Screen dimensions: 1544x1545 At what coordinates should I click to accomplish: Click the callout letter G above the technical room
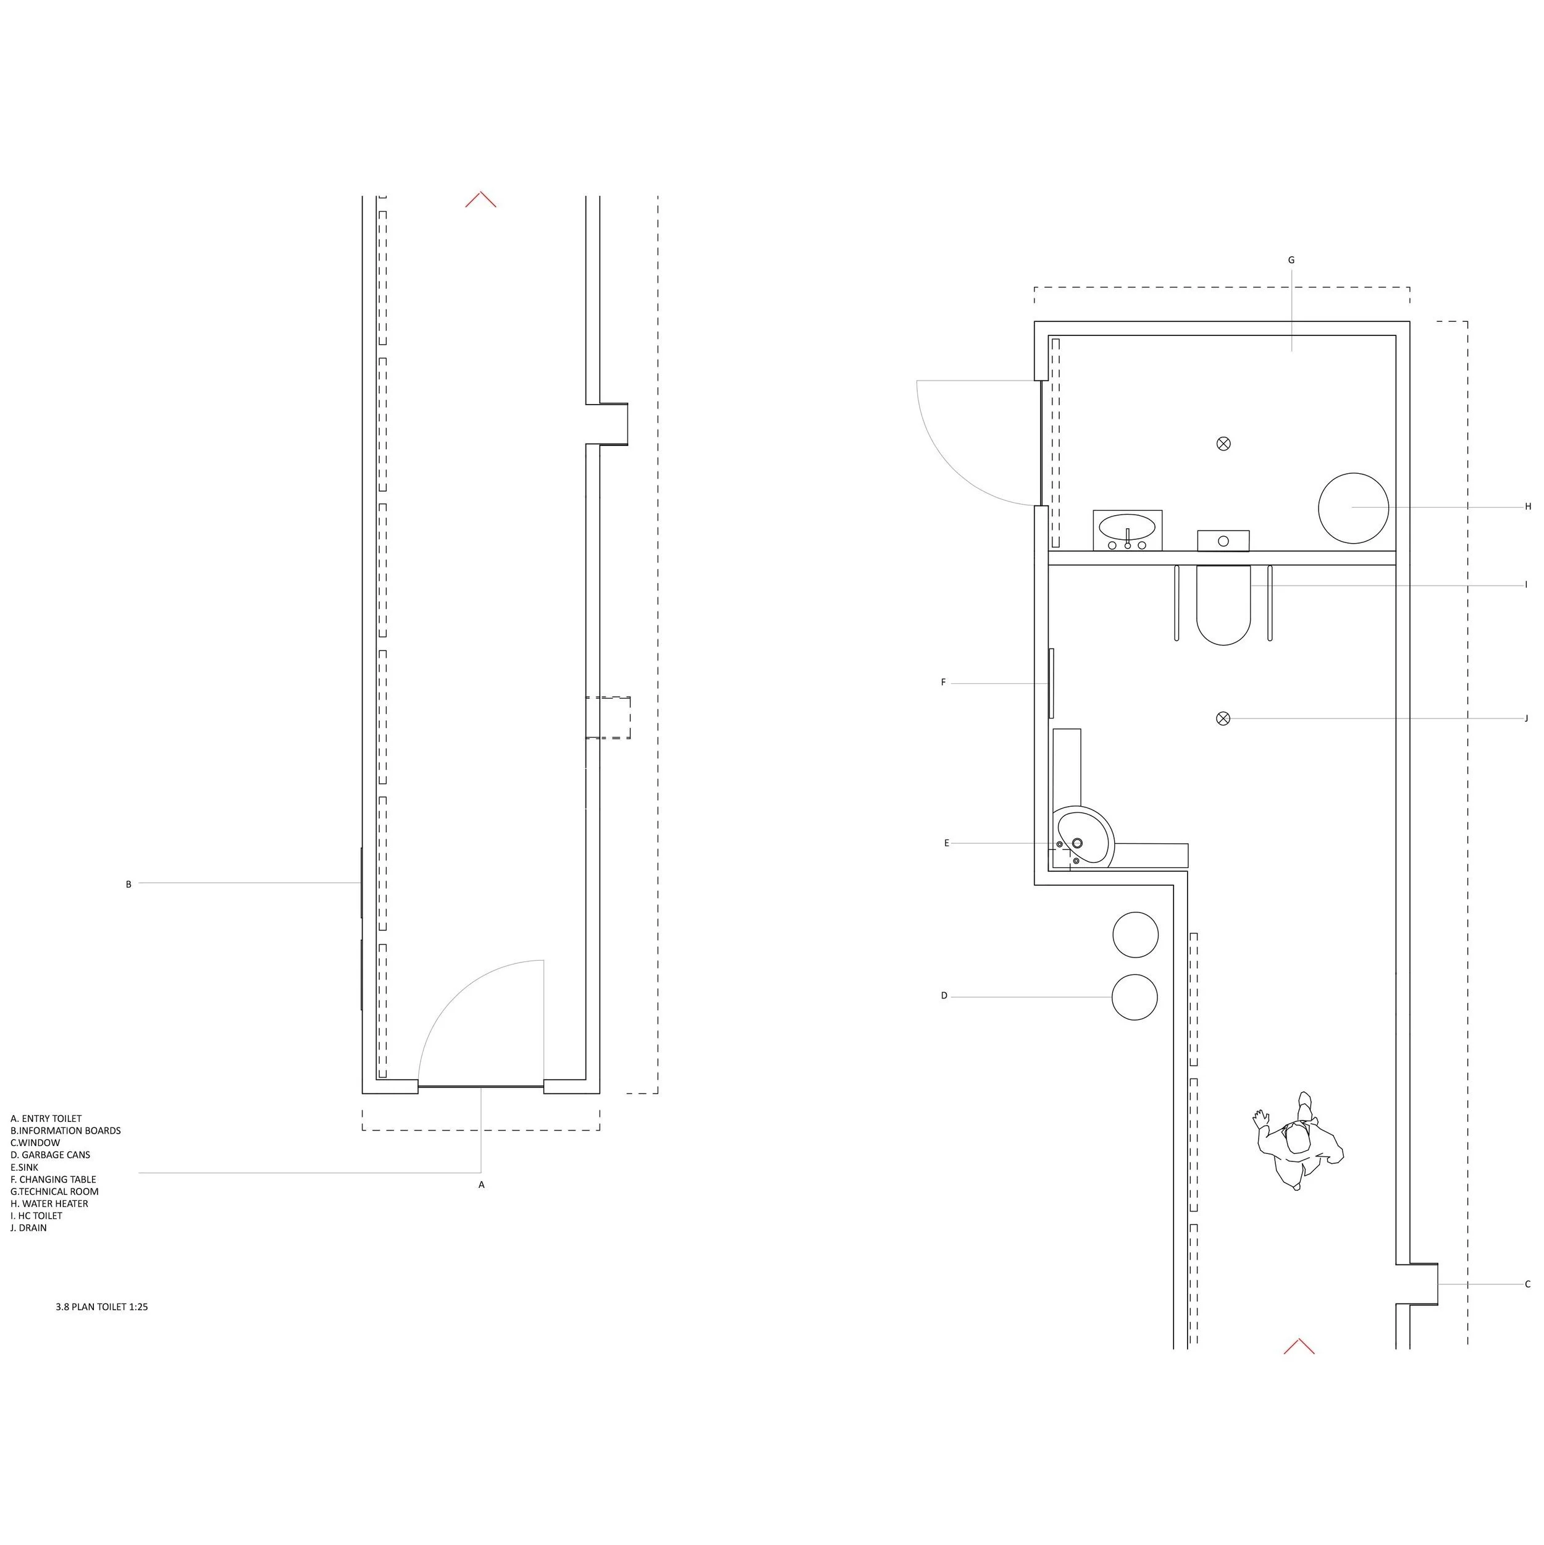(x=1291, y=260)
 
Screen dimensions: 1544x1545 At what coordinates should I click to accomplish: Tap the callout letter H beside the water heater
(x=1527, y=506)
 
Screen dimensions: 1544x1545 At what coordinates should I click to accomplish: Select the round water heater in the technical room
(x=1353, y=508)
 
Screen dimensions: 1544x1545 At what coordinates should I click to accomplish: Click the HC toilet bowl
(x=1223, y=606)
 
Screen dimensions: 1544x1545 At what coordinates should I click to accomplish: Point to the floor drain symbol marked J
(x=1223, y=718)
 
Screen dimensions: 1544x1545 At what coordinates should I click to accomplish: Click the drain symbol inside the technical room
(x=1223, y=444)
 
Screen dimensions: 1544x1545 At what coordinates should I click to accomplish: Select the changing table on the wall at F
(x=1051, y=683)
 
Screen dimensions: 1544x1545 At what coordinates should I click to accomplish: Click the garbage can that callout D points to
(x=1134, y=997)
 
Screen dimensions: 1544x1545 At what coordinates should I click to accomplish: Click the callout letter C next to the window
(x=1527, y=1306)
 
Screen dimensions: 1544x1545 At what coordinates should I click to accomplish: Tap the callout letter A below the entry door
(x=481, y=1184)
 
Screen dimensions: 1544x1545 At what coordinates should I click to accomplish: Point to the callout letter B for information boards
(x=128, y=885)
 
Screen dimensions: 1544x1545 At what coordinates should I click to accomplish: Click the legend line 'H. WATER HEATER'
(x=49, y=1203)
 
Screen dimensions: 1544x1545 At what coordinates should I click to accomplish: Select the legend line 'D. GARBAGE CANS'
(x=51, y=1155)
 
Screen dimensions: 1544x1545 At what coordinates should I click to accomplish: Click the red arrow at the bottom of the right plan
(x=1299, y=1346)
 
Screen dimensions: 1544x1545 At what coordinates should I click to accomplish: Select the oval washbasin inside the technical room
(x=1127, y=528)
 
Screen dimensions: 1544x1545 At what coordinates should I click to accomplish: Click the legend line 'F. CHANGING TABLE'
(x=54, y=1179)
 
